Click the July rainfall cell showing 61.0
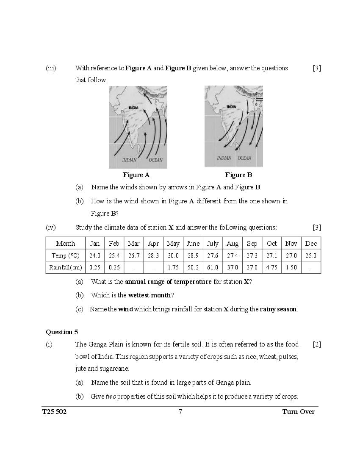[212, 267]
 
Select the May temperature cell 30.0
[173, 255]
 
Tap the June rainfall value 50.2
[193, 267]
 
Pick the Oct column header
[272, 244]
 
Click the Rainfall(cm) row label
[65, 267]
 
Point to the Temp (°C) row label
[65, 255]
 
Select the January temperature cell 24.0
[95, 255]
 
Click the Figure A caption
[136, 175]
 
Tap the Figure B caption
[238, 175]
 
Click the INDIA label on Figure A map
[134, 108]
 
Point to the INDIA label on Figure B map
[232, 107]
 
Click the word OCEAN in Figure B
[244, 158]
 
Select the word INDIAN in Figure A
[130, 160]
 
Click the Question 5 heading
[62, 332]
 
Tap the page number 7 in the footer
[180, 412]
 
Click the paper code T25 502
[55, 412]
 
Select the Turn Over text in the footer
[298, 412]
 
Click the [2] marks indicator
[317, 344]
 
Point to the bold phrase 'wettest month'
[150, 295]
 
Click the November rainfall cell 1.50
[291, 267]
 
